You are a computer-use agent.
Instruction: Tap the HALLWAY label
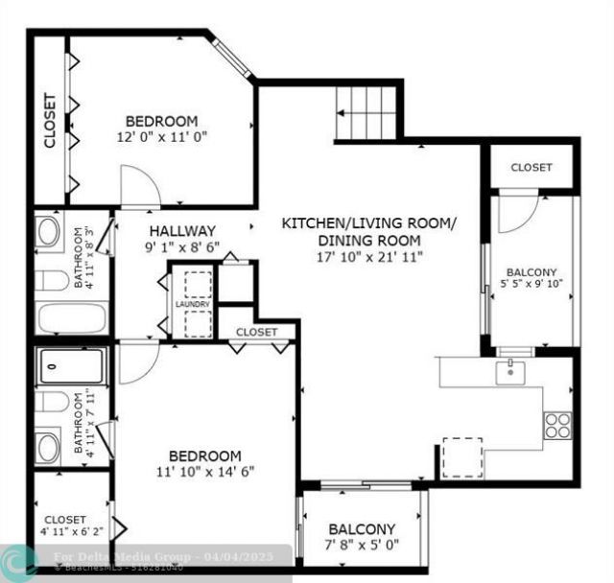(x=182, y=231)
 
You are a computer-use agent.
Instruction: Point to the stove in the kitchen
(x=557, y=425)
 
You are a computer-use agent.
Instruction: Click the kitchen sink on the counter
(x=510, y=370)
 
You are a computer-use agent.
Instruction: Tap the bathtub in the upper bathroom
(x=72, y=317)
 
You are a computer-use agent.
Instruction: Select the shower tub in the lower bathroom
(x=72, y=365)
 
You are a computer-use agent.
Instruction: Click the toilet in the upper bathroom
(x=52, y=281)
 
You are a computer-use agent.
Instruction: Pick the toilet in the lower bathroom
(x=52, y=401)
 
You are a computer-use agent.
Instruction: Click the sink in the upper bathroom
(x=48, y=232)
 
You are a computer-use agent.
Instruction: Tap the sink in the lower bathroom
(x=48, y=445)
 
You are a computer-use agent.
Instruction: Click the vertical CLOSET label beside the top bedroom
(x=50, y=120)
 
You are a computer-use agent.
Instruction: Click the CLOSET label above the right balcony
(x=531, y=168)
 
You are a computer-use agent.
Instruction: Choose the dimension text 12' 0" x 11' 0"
(x=162, y=137)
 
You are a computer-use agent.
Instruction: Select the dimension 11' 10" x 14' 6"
(x=205, y=471)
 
